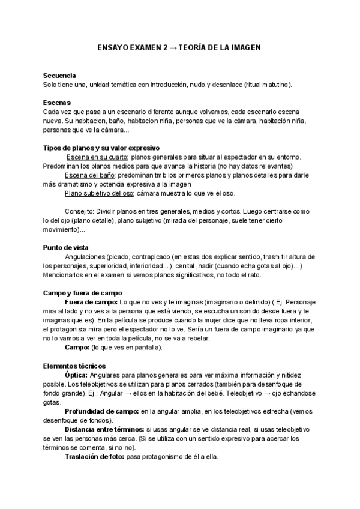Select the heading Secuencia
pos(59,76)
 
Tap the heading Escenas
pos(57,103)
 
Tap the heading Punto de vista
pos(66,247)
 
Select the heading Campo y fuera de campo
pos(83,293)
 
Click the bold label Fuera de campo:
pos(91,302)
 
